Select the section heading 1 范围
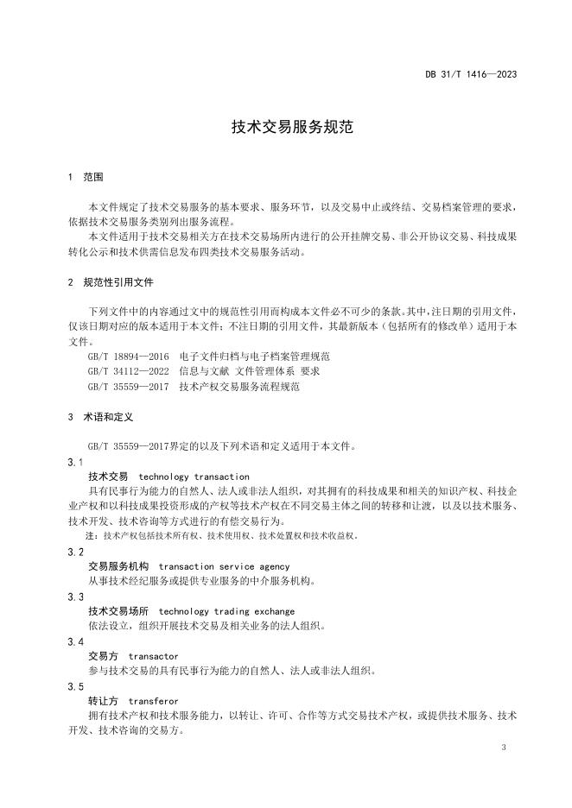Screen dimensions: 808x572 coord(86,177)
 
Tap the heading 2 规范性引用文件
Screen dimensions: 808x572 coord(111,282)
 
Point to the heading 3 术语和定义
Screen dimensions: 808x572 coord(100,416)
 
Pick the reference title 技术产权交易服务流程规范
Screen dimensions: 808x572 coord(239,387)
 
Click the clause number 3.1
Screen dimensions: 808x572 coord(75,462)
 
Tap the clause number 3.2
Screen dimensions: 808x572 coord(75,552)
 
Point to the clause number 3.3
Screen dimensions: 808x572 coord(75,597)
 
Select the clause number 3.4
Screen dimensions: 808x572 coord(75,641)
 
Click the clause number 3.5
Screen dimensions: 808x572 coord(75,686)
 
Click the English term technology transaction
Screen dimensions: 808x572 coord(194,477)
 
